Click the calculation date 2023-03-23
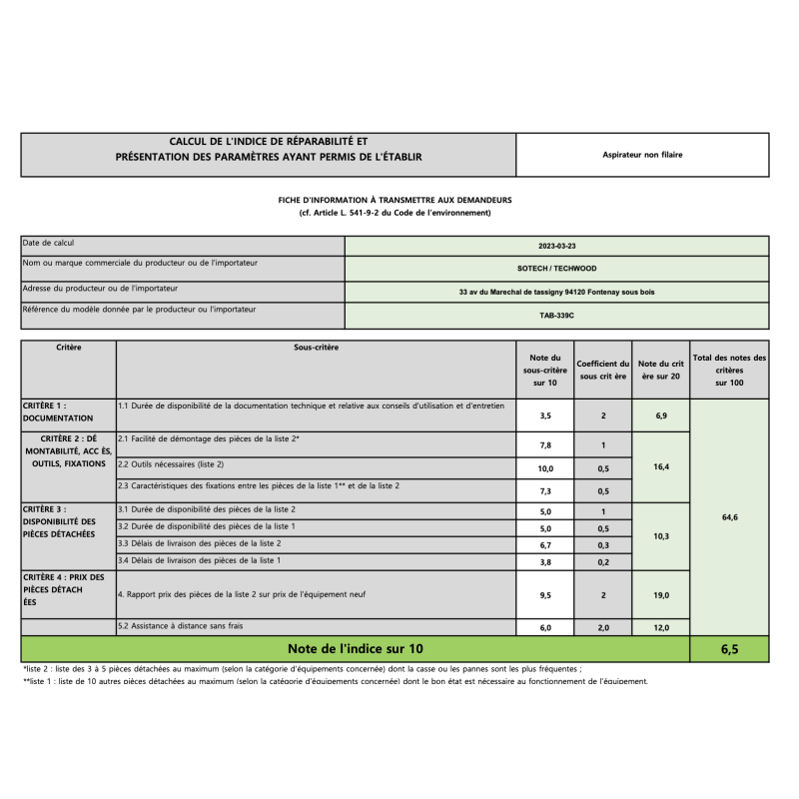pyautogui.click(x=557, y=245)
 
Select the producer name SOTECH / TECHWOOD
pyautogui.click(x=557, y=268)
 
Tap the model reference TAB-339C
pyautogui.click(x=557, y=315)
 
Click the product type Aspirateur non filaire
pyautogui.click(x=642, y=155)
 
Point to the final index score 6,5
pyautogui.click(x=729, y=649)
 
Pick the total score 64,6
pyautogui.click(x=729, y=517)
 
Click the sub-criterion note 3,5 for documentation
pyautogui.click(x=546, y=415)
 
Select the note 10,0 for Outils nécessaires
pyautogui.click(x=546, y=467)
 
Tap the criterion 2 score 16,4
pyautogui.click(x=660, y=466)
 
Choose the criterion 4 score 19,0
pyautogui.click(x=660, y=595)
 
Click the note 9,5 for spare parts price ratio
pyautogui.click(x=546, y=595)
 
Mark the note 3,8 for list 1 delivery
pyautogui.click(x=546, y=562)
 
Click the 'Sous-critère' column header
pyautogui.click(x=316, y=348)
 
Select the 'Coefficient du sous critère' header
pyautogui.click(x=603, y=370)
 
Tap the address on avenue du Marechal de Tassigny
pyautogui.click(x=557, y=292)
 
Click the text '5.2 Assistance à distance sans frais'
pyautogui.click(x=181, y=626)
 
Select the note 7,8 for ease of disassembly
pyautogui.click(x=546, y=445)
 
